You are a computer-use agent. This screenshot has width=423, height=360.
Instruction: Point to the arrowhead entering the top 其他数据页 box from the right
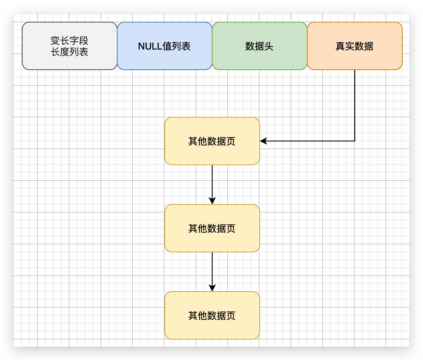(x=263, y=141)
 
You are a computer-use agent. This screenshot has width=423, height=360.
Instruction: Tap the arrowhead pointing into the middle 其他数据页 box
(x=212, y=201)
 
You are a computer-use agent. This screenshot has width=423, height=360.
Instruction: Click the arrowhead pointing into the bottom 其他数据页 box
(x=212, y=288)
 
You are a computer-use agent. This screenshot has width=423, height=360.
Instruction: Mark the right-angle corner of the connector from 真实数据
(x=355, y=141)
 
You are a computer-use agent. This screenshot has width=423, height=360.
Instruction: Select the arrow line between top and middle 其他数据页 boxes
(x=212, y=182)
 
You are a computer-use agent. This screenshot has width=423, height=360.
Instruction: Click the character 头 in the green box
(x=269, y=46)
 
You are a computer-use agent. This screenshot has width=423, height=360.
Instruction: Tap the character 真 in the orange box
(x=340, y=46)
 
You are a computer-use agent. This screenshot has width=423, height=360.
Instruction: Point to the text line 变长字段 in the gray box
(x=69, y=41)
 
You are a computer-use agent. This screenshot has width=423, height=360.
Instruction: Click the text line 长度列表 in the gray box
(x=69, y=52)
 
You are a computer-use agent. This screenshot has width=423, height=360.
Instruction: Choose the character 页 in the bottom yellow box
(x=231, y=315)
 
